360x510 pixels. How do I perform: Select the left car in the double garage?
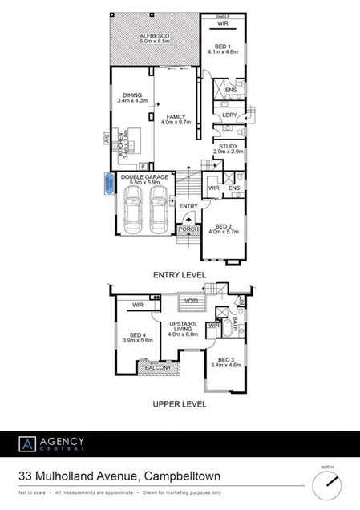coord(134,214)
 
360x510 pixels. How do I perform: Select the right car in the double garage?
coord(157,214)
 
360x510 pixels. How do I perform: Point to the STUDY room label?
coord(228,146)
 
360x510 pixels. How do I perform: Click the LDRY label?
coord(229,115)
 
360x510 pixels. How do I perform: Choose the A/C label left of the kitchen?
coord(105,139)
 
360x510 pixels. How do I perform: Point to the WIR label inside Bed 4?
coord(138,305)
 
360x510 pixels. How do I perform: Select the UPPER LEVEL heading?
coord(180,404)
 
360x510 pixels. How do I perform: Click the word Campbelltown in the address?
coord(183,477)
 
